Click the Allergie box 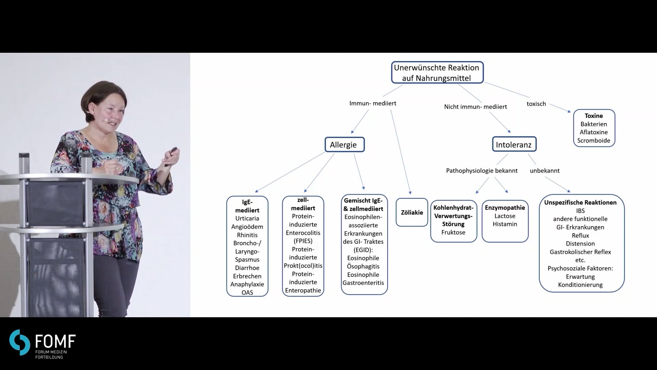345,145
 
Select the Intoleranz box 514,144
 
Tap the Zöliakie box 412,212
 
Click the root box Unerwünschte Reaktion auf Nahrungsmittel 437,72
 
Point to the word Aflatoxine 594,132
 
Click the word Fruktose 453,232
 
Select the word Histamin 505,224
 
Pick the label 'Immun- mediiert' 373,103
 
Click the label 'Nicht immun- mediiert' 476,107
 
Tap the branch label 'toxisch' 536,104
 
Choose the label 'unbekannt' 545,171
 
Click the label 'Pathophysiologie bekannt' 482,171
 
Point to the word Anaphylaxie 247,284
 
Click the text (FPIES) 303,241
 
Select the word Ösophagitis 363,266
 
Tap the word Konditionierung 580,285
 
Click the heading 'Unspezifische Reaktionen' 580,202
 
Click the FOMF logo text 55,342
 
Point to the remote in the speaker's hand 171,156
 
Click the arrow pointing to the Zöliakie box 401,152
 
